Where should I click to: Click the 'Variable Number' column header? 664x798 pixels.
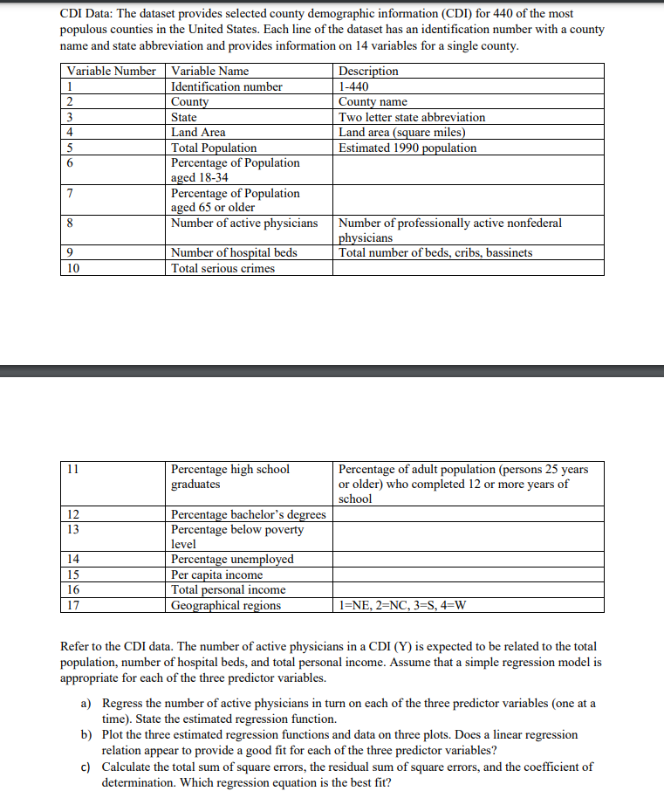point(111,71)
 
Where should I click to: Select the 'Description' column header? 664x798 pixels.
point(368,71)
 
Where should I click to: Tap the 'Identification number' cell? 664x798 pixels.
point(227,86)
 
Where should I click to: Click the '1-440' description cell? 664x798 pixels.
point(353,86)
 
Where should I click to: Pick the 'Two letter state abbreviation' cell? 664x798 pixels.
point(412,117)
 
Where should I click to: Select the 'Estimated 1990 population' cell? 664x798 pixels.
point(407,148)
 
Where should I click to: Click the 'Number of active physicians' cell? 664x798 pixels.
point(244,224)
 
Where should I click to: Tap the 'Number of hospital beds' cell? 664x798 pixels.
point(234,253)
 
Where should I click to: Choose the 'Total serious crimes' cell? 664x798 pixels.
point(222,268)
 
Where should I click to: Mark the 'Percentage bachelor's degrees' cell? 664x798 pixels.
point(249,514)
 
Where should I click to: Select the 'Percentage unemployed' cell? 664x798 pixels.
point(232,560)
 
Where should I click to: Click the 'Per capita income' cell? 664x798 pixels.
point(216,574)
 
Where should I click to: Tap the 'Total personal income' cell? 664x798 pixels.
point(228,590)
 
